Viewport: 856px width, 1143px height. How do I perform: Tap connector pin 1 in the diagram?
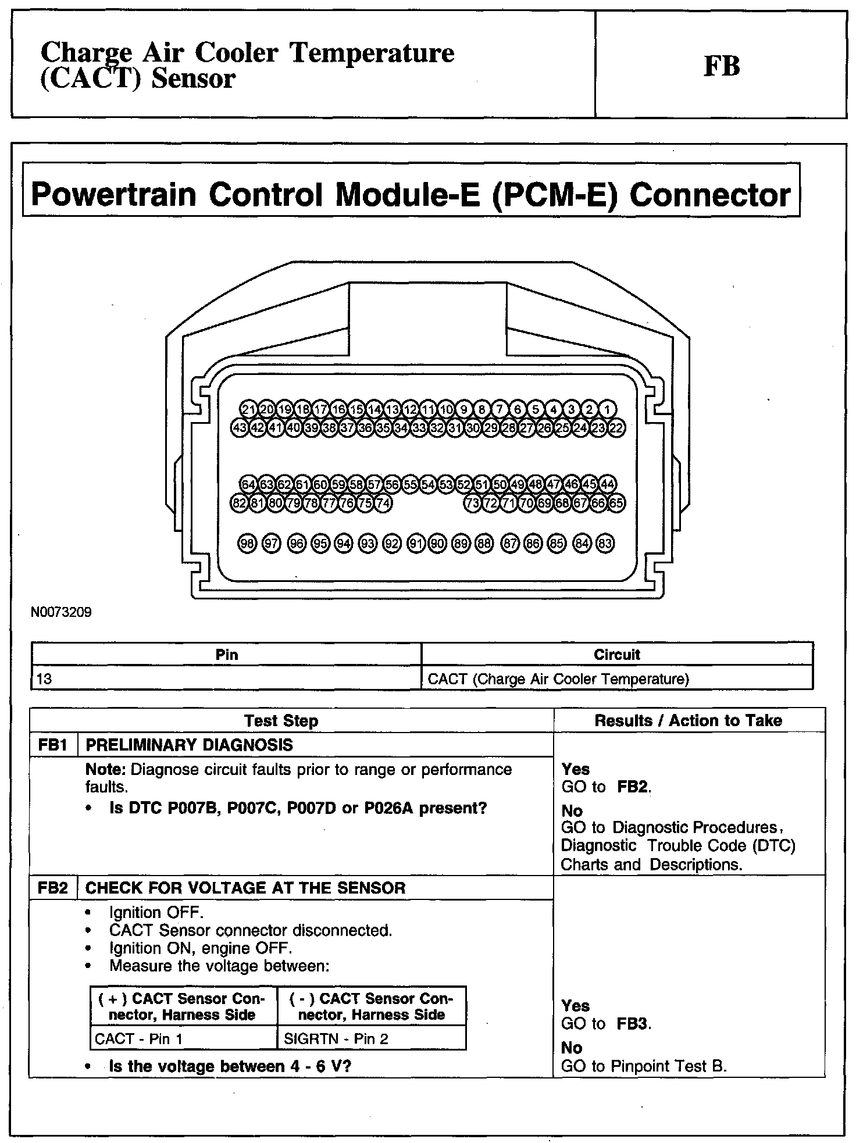(x=607, y=409)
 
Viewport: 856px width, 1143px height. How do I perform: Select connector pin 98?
(x=247, y=544)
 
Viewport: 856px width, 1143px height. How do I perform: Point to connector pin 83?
(x=605, y=544)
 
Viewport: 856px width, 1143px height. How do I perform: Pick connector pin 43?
(x=240, y=428)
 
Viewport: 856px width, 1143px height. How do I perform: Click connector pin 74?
(x=383, y=503)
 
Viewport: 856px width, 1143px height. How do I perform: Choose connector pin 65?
(x=616, y=503)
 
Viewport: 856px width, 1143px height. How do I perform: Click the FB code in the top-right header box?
(x=722, y=66)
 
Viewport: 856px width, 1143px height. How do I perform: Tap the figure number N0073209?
(x=62, y=612)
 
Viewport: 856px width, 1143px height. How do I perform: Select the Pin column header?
(x=227, y=655)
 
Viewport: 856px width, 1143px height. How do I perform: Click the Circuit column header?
(x=617, y=655)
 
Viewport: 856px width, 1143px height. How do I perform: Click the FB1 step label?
(x=52, y=745)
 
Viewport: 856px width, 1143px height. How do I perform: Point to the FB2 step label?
(x=52, y=888)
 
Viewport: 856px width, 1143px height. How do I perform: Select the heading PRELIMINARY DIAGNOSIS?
(x=189, y=745)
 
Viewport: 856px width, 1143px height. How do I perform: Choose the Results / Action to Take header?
(x=688, y=721)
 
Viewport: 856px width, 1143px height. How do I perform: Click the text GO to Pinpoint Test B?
(x=644, y=1066)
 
